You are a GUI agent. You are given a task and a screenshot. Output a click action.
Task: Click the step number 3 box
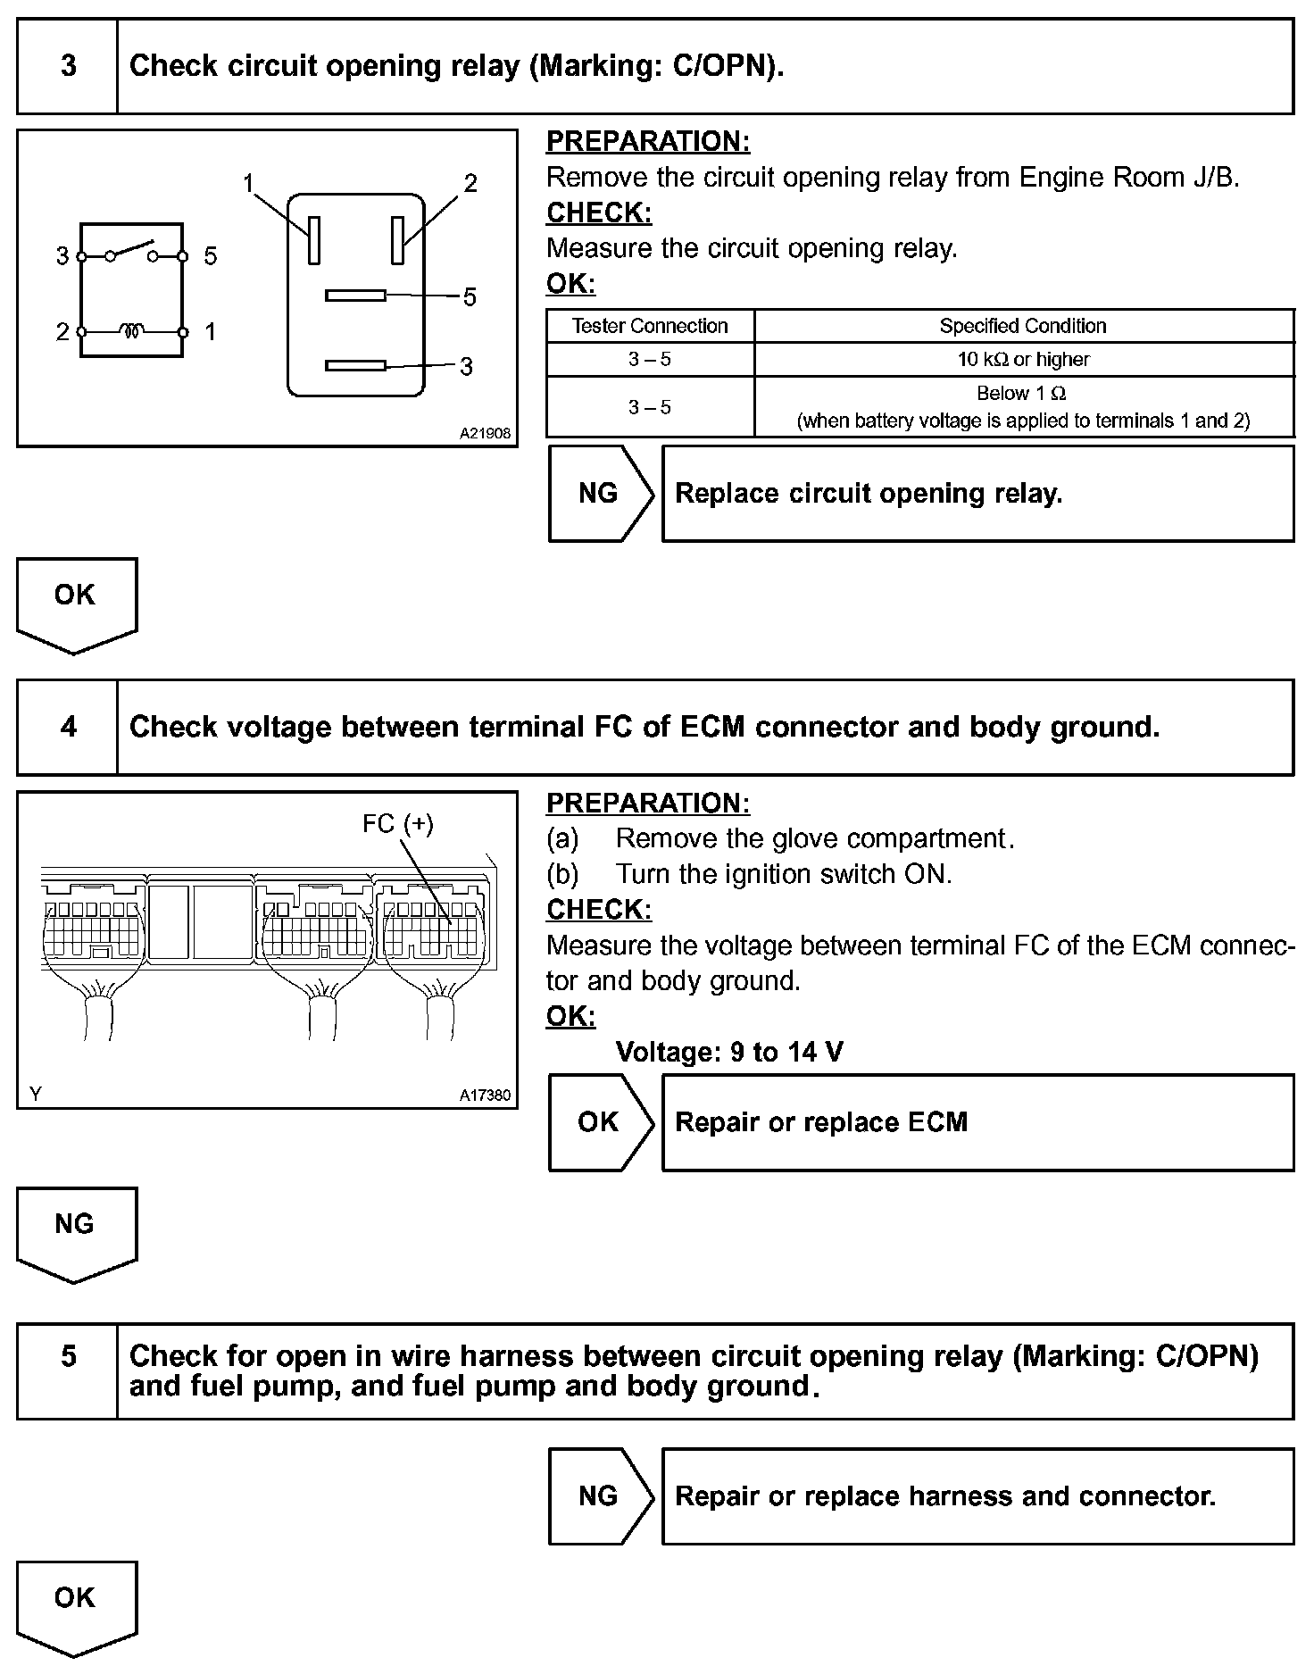[x=68, y=66]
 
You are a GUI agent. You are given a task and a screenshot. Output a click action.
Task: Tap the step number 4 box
[x=68, y=727]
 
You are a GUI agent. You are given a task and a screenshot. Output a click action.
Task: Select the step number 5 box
[x=68, y=1370]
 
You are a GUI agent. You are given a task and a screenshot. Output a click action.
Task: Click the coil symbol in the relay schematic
[x=132, y=331]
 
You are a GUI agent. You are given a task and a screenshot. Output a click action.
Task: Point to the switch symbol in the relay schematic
[x=132, y=252]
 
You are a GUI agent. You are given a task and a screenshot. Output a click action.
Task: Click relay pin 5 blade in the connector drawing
[x=355, y=295]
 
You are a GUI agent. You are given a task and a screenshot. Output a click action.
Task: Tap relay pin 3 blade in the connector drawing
[x=355, y=364]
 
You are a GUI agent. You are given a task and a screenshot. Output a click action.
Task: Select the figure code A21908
[x=485, y=433]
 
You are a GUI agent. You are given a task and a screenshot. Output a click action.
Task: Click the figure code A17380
[x=485, y=1095]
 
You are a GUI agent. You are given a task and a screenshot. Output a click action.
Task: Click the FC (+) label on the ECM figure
[x=397, y=823]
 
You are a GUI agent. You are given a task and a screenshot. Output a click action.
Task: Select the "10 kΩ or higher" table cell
[x=1023, y=359]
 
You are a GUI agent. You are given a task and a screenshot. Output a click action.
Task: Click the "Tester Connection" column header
[x=650, y=326]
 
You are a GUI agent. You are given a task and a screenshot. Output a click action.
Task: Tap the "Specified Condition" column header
[x=1023, y=326]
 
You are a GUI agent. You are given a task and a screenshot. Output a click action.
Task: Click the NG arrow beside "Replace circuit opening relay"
[x=600, y=494]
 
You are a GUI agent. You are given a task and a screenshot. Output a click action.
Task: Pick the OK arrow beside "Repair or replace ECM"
[x=600, y=1122]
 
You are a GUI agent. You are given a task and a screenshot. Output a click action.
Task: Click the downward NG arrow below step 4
[x=75, y=1232]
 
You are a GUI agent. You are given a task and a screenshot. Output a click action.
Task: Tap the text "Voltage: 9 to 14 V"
[x=729, y=1052]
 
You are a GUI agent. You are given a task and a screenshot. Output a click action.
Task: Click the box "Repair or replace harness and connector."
[x=977, y=1495]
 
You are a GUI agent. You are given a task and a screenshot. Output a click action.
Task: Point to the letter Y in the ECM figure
[x=35, y=1094]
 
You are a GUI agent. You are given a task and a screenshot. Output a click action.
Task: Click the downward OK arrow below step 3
[x=75, y=604]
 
